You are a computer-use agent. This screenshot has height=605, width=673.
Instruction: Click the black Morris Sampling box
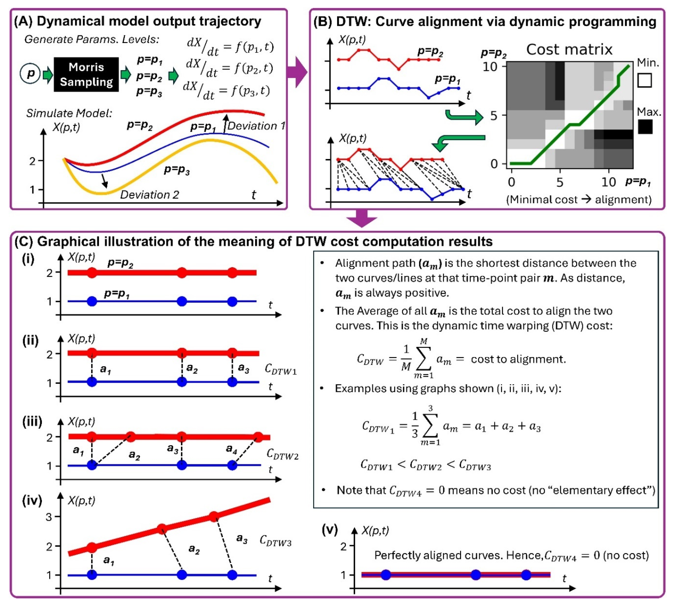pos(86,75)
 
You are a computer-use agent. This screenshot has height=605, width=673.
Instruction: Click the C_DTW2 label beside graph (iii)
pos(282,454)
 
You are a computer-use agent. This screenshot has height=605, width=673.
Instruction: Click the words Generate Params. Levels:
pos(92,39)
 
